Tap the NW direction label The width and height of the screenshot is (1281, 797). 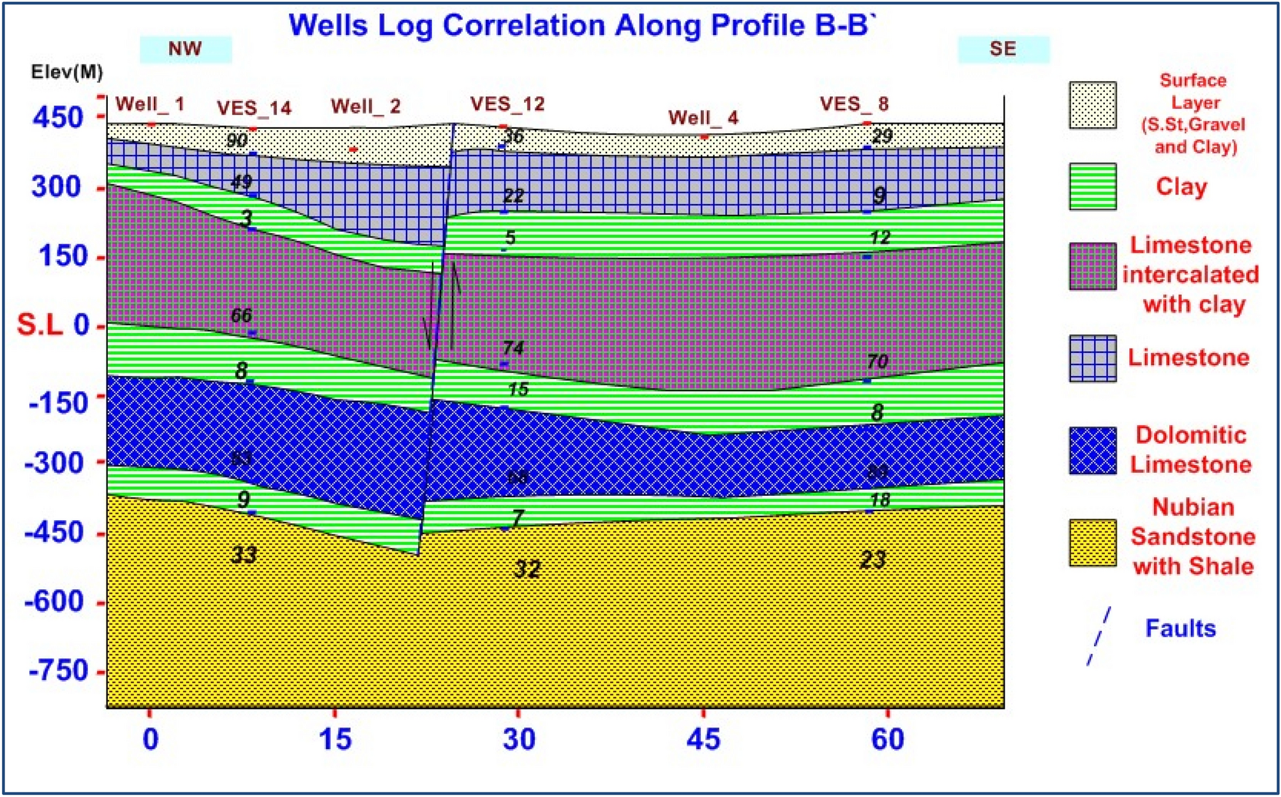tap(185, 49)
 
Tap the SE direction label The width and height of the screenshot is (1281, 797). tap(1003, 49)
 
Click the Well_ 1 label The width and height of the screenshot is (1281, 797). tap(150, 104)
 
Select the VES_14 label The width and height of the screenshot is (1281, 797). tap(254, 108)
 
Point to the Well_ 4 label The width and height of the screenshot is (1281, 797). tap(703, 118)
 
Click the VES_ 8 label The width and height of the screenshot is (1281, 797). tap(854, 104)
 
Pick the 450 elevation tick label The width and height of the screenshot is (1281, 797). tap(58, 117)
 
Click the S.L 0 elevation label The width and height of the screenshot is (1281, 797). tap(53, 325)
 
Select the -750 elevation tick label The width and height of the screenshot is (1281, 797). tap(58, 671)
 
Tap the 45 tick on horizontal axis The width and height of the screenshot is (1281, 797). tap(703, 740)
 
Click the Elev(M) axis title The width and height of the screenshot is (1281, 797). tap(67, 72)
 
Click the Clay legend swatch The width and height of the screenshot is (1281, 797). tap(1093, 186)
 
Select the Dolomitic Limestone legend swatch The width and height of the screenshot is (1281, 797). tap(1093, 451)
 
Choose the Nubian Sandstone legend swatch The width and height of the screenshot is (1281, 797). tap(1093, 543)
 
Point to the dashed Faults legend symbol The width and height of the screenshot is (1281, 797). tap(1099, 636)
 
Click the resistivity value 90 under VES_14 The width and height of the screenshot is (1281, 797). tap(237, 140)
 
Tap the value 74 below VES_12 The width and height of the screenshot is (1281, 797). tap(513, 348)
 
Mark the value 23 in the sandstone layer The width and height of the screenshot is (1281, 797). tap(873, 560)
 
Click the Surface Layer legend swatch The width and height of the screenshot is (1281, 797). tap(1093, 105)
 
